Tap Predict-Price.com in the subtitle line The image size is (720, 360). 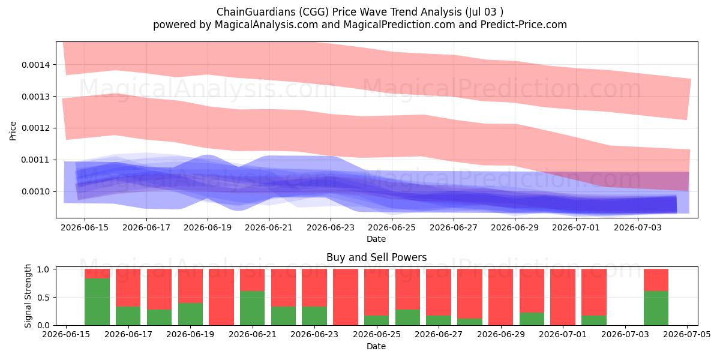524,25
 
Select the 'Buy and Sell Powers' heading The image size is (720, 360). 376,257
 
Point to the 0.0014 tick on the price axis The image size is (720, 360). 35,65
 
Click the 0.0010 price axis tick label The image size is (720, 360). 35,192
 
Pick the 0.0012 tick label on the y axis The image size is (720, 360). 35,128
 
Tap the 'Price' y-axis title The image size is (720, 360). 13,131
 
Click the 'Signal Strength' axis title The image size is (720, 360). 28,296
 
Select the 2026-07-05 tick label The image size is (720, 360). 687,335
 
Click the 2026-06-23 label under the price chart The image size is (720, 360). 331,227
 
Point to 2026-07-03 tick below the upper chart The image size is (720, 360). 638,227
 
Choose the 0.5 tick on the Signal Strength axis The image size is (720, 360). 43,298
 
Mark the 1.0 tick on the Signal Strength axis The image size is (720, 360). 43,269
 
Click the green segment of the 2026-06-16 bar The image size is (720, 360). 97,302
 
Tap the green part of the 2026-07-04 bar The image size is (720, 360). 656,308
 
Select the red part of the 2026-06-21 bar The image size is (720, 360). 253,280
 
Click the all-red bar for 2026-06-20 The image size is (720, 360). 221,297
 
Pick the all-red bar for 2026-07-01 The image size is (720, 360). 563,297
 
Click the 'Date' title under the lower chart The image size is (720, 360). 376,346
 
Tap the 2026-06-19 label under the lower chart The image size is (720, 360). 190,335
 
